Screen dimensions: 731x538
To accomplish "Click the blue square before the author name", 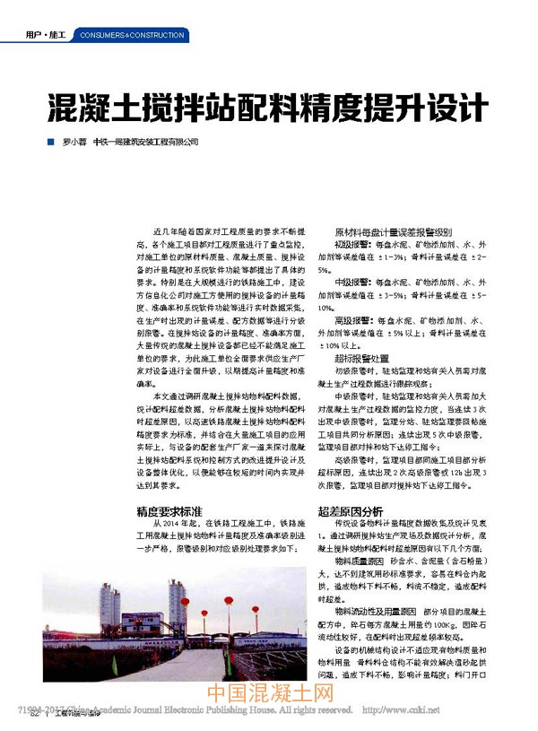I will click(51, 143).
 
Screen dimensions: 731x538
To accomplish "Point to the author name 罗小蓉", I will click(75, 143).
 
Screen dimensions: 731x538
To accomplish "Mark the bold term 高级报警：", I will click(356, 320).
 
